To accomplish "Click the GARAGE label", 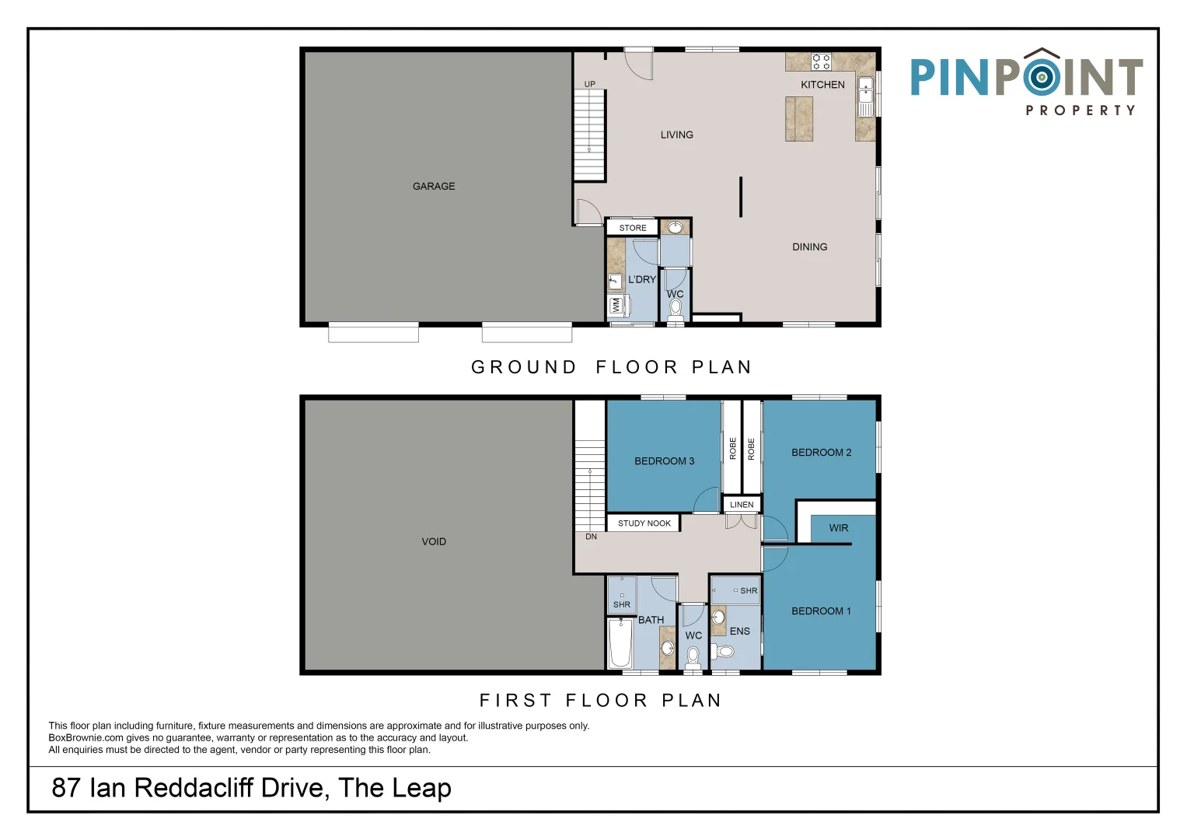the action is point(434,186).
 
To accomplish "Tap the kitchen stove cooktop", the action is point(821,61).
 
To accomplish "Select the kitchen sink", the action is point(865,96).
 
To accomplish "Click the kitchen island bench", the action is point(798,119).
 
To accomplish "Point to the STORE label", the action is point(632,227).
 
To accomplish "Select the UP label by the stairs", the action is point(589,84).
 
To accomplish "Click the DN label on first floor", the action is point(591,537).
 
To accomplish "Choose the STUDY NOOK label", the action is point(644,523).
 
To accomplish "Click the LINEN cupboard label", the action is point(742,504).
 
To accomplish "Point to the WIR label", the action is point(838,527).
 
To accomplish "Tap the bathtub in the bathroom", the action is point(620,644).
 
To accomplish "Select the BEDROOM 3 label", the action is point(664,460).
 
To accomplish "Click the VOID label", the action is point(434,541).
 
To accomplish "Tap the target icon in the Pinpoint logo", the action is point(1042,78).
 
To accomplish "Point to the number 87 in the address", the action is point(66,787).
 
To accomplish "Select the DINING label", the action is point(809,247).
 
